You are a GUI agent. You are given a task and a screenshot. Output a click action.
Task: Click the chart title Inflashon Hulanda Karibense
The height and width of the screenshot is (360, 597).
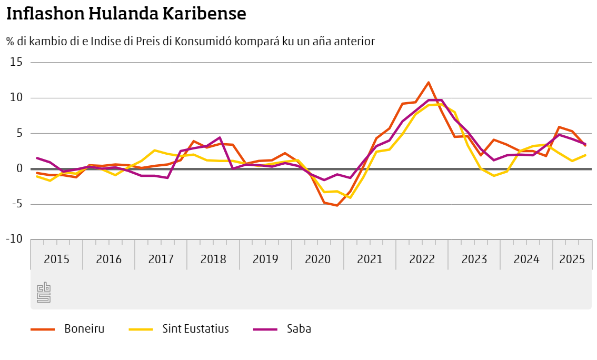(x=126, y=14)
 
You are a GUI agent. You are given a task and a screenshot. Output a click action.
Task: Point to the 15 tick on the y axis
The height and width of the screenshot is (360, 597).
(x=17, y=62)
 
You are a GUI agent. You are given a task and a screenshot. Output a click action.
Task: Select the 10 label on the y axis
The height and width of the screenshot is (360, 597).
(x=17, y=98)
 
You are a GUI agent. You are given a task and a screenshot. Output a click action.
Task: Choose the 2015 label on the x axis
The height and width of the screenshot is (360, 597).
(x=56, y=259)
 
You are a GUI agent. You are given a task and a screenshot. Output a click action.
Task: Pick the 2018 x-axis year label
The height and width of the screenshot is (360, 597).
(x=213, y=259)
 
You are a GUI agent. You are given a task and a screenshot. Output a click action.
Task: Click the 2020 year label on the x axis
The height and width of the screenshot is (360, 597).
(x=317, y=259)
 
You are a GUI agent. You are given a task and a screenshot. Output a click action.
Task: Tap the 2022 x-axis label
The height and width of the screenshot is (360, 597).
(x=422, y=259)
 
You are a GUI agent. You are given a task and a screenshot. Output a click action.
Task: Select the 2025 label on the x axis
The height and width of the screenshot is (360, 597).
(x=572, y=259)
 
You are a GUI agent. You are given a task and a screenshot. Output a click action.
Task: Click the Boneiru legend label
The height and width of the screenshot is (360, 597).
(x=84, y=329)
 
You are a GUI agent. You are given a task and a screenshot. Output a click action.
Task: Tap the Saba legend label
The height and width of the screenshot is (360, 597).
(x=299, y=329)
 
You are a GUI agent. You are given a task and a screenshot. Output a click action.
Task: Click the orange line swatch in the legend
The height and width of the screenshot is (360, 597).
(x=43, y=329)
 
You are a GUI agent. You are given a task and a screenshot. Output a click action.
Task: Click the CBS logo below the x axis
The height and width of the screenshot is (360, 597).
(x=44, y=292)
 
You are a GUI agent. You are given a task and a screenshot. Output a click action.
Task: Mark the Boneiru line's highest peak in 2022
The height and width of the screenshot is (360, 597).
(x=429, y=82)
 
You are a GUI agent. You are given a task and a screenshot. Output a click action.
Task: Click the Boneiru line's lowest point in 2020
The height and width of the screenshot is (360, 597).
(x=337, y=205)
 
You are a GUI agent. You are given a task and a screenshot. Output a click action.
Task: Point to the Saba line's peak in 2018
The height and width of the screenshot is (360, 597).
(x=220, y=137)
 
